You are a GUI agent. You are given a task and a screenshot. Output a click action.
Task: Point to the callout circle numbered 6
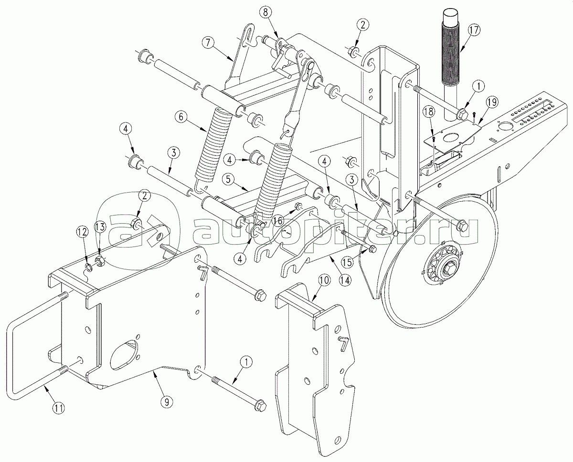coord(181,117)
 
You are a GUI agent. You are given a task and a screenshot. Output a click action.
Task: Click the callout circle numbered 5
coord(228,180)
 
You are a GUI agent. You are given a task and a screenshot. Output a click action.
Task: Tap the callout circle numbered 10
coord(324,281)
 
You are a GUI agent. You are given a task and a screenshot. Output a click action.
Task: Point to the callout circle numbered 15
coord(348,262)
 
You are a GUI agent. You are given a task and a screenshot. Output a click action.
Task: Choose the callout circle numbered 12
coord(83,231)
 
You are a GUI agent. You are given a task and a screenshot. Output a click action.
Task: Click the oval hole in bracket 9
coord(124,355)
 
